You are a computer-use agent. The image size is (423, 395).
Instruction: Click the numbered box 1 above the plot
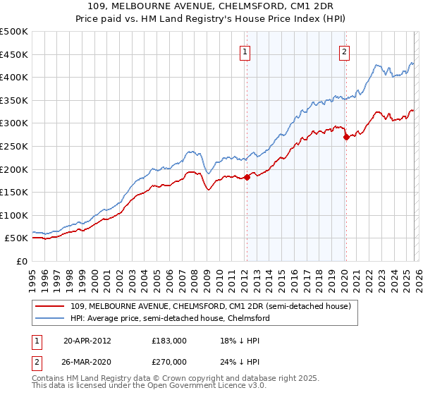pos(245,51)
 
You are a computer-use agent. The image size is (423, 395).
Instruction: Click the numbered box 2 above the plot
pos(345,51)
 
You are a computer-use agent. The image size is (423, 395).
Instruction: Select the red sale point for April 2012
pos(247,177)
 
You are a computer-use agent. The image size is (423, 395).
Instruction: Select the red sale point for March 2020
pos(346,138)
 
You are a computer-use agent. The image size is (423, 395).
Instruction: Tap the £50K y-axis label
pos(17,238)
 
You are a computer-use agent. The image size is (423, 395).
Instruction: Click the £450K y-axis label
pos(15,54)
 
